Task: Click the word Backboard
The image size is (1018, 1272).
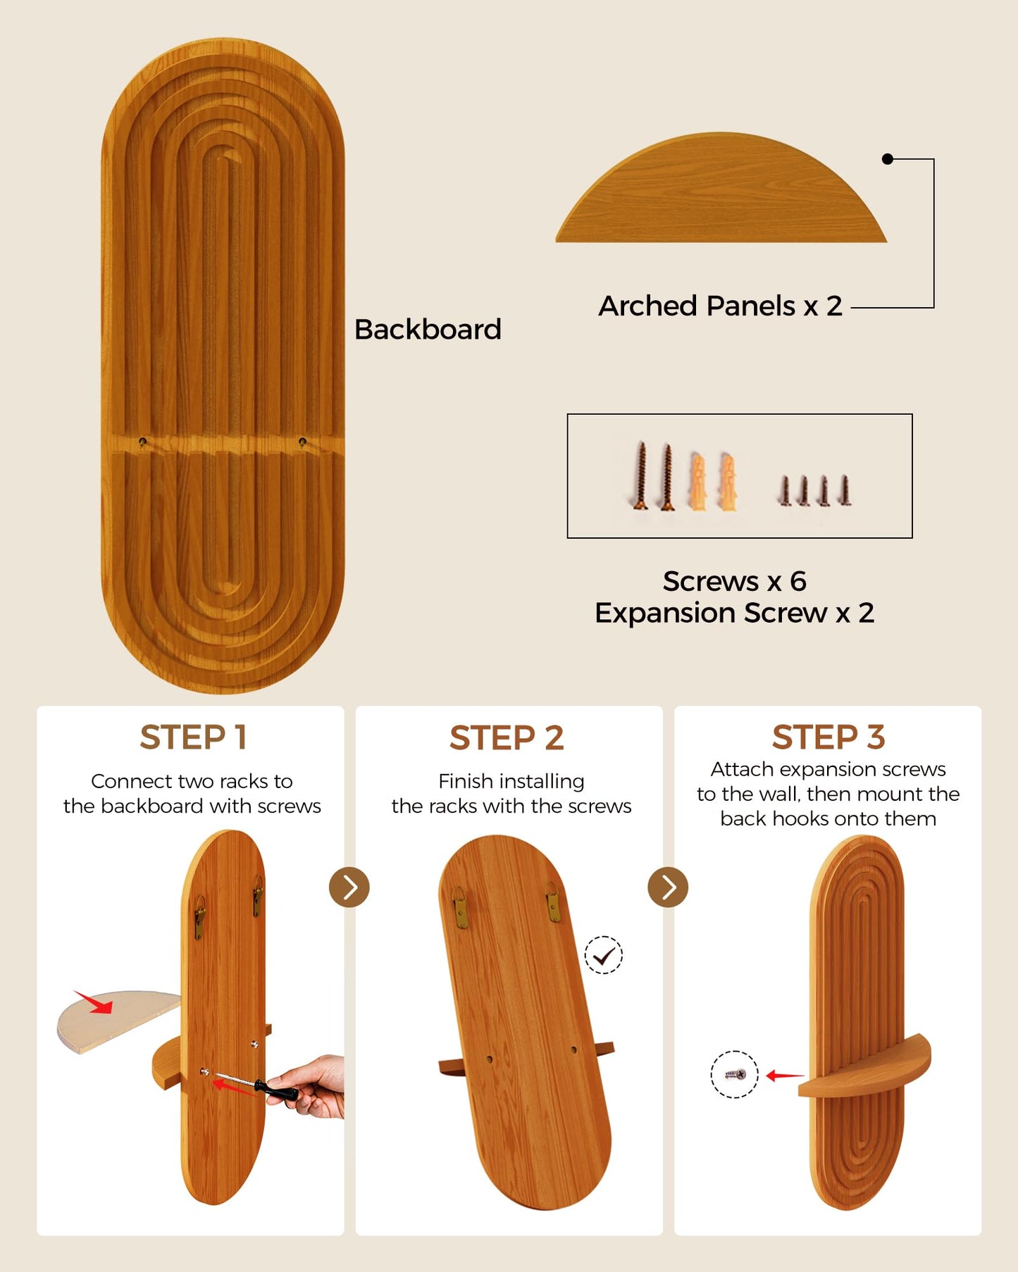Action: point(428,329)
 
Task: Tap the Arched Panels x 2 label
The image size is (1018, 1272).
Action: point(720,306)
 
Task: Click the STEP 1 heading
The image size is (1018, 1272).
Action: point(193,737)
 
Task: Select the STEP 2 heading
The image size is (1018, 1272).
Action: point(507,737)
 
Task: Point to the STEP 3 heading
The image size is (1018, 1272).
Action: point(828,737)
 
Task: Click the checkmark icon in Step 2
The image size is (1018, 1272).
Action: point(604,955)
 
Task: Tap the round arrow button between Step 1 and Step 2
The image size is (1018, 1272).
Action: point(349,887)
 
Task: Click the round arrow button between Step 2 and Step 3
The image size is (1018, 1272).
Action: point(668,887)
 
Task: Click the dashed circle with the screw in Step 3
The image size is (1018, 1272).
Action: point(734,1074)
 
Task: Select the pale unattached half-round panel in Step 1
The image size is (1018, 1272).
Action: point(117,1020)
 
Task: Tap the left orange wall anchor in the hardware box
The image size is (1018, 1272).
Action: point(697,481)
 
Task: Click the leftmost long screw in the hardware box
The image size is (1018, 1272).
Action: point(641,475)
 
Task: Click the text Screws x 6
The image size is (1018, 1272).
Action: point(734,582)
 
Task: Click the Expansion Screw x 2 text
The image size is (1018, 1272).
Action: point(734,613)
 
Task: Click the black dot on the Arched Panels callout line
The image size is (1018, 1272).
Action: point(888,159)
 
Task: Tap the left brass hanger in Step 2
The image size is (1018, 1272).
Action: point(461,907)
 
